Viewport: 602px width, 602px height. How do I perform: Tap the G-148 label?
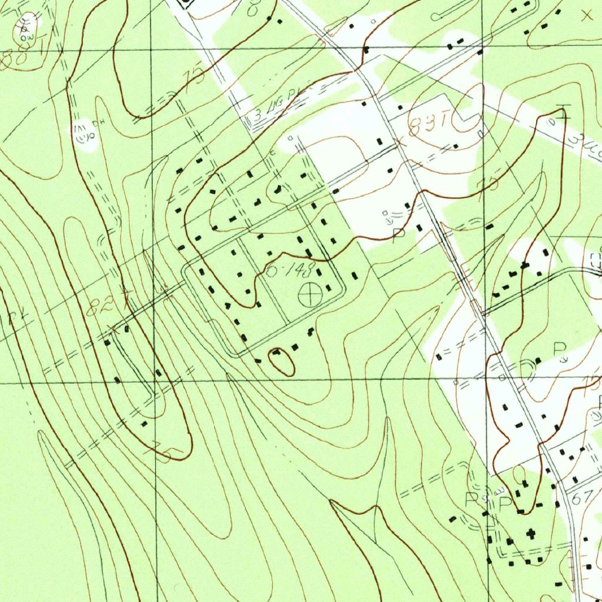coord(291,272)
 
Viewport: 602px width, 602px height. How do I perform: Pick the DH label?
coord(93,125)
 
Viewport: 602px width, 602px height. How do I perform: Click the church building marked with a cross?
coord(532,533)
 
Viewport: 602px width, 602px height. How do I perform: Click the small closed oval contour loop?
coord(282,361)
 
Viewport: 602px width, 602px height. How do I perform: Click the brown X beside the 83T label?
coord(402,141)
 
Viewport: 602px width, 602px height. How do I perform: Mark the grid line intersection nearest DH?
coord(150,49)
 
